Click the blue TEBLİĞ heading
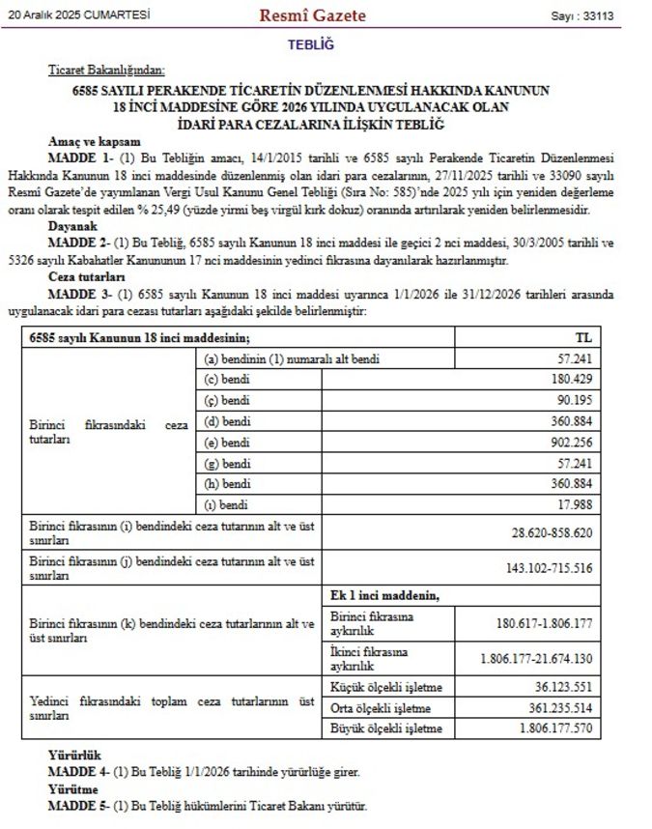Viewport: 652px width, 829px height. (310, 44)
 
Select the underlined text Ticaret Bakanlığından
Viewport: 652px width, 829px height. (106, 71)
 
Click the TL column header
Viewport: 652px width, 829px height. (582, 337)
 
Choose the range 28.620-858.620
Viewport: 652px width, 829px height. (551, 532)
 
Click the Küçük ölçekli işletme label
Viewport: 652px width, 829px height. (385, 687)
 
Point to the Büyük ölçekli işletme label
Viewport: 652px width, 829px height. (386, 728)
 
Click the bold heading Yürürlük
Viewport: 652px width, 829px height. (74, 755)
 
